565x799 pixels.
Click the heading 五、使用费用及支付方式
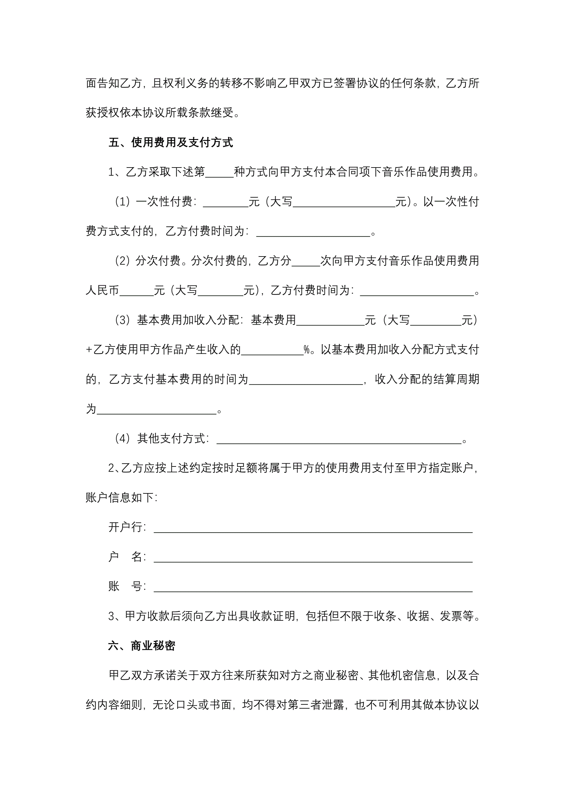pyautogui.click(x=171, y=142)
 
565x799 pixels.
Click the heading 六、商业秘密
pyautogui.click(x=141, y=646)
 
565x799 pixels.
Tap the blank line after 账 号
pyautogui.click(x=313, y=587)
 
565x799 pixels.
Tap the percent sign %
pyautogui.click(x=307, y=350)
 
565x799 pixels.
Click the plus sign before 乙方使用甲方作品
pyautogui.click(x=89, y=350)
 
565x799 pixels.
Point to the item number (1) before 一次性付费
pyautogui.click(x=122, y=201)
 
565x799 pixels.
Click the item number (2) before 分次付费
pyautogui.click(x=122, y=261)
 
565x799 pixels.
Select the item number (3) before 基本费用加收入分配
pyautogui.click(x=122, y=320)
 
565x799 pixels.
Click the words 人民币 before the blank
pyautogui.click(x=102, y=290)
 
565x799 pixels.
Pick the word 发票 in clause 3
pyautogui.click(x=451, y=616)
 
